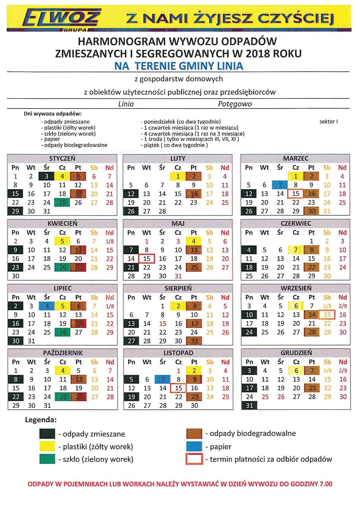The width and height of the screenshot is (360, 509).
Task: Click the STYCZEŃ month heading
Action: [x=62, y=158]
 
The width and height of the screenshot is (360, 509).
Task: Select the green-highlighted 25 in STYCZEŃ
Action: [x=62, y=203]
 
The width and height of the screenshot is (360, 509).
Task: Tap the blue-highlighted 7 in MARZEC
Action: [x=280, y=185]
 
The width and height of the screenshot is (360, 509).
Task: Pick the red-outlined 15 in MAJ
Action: [x=147, y=259]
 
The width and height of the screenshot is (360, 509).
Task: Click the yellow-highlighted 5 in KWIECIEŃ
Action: [x=62, y=241]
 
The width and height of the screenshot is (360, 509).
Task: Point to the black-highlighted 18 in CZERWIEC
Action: [x=249, y=267]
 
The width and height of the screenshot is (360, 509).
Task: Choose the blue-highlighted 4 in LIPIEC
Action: [x=47, y=306]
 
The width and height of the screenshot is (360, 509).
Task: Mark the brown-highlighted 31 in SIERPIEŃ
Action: [x=194, y=341]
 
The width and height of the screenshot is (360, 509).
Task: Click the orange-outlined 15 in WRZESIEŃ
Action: [x=327, y=315]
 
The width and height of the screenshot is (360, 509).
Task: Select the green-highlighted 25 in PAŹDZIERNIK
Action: [x=63, y=397]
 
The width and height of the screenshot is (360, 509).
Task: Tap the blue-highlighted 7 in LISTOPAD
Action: [x=163, y=379]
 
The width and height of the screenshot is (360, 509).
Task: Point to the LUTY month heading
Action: [x=178, y=158]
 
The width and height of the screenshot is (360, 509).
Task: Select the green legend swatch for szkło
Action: [x=47, y=459]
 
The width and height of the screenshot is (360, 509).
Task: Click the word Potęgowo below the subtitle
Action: [x=235, y=104]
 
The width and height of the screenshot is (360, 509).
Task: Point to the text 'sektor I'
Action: [x=329, y=122]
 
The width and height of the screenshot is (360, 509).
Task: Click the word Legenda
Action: [x=41, y=420]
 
